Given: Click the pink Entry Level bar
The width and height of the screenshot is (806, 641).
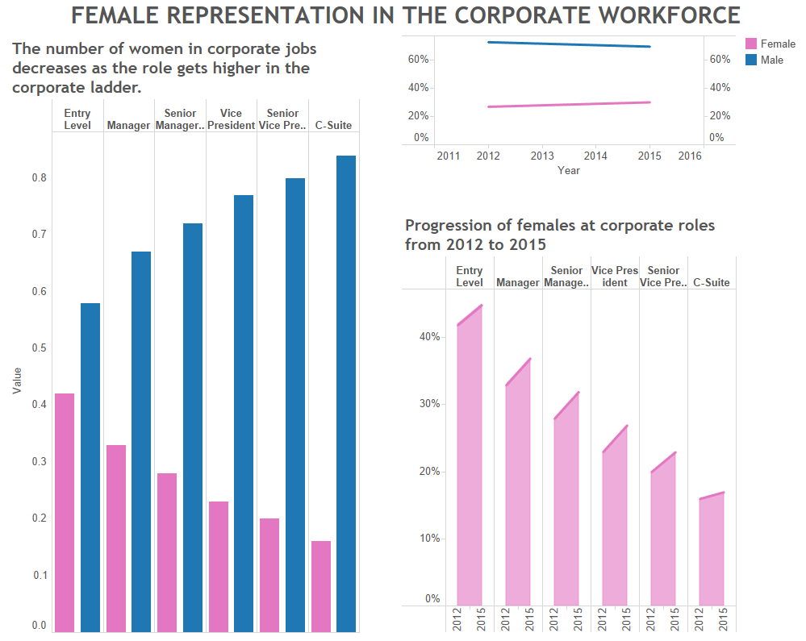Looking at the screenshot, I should point(65,512).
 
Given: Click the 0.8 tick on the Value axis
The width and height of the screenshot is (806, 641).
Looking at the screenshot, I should point(39,178).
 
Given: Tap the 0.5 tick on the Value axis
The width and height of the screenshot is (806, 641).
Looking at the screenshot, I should point(39,348).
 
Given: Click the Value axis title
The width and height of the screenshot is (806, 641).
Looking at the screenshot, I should point(17,381).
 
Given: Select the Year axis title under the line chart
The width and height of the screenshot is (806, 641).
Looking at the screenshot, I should point(568,170).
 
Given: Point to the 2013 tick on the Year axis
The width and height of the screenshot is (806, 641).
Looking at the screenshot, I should point(542,156).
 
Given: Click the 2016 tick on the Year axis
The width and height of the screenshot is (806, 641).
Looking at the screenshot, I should point(690,156).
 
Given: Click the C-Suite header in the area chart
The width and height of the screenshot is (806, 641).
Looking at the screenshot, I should point(712,282).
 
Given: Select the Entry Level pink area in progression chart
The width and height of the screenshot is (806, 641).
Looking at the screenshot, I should point(470,468).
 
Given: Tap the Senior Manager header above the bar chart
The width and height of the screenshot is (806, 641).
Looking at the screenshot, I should point(180,119).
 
